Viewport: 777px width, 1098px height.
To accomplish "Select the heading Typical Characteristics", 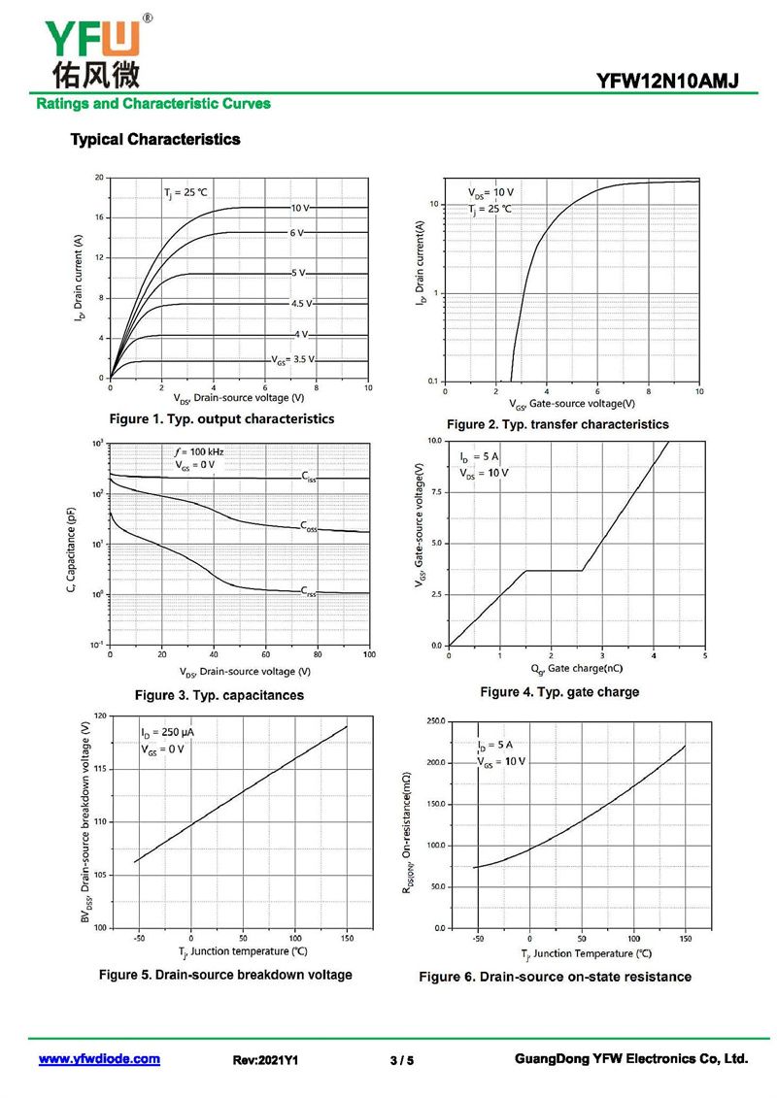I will click(154, 140).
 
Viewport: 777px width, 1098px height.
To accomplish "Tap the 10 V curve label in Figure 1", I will click(300, 209).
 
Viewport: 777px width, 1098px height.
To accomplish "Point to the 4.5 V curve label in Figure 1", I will click(301, 304).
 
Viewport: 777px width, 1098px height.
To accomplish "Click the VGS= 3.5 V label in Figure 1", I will click(292, 359).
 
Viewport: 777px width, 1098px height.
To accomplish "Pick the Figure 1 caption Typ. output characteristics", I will click(221, 419).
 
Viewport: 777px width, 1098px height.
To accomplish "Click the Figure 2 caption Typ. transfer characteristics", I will click(557, 424).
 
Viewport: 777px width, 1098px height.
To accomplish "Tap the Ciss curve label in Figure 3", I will click(308, 477).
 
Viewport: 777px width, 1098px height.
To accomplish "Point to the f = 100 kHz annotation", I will click(200, 452).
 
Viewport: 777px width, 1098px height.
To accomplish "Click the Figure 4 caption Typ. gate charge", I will click(559, 692).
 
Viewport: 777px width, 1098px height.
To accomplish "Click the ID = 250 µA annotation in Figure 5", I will click(170, 734).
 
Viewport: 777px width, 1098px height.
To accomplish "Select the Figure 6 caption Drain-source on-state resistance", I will click(555, 976).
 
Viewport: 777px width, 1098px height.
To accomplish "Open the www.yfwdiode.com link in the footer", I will click(99, 1059).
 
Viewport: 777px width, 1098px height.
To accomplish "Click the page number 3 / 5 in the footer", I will click(401, 1061).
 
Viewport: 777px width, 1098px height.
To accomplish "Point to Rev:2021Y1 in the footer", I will click(265, 1061).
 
